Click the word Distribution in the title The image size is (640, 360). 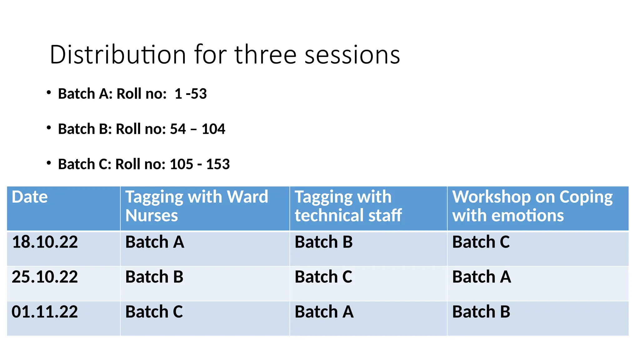pyautogui.click(x=118, y=55)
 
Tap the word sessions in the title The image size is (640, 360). pyautogui.click(x=352, y=55)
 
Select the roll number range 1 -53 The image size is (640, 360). pyautogui.click(x=191, y=94)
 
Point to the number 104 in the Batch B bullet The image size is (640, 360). pyautogui.click(x=213, y=129)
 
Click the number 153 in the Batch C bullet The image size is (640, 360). pyautogui.click(x=218, y=164)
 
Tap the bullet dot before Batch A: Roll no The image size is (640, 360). pyautogui.click(x=48, y=92)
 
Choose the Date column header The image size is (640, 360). pyautogui.click(x=30, y=197)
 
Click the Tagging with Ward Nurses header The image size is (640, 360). pyautogui.click(x=197, y=206)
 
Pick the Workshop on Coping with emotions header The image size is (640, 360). pyautogui.click(x=532, y=206)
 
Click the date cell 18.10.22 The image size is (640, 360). pyautogui.click(x=45, y=242)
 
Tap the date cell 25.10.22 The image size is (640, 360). pyautogui.click(x=45, y=277)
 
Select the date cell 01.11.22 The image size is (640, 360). pyautogui.click(x=45, y=312)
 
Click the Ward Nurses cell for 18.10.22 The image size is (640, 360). pyautogui.click(x=155, y=242)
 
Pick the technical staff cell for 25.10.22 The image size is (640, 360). pyautogui.click(x=323, y=277)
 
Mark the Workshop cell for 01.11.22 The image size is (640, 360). pyautogui.click(x=481, y=312)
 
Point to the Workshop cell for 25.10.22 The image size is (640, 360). pyautogui.click(x=482, y=277)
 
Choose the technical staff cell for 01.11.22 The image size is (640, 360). pyautogui.click(x=324, y=312)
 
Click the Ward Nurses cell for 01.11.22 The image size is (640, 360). pyautogui.click(x=154, y=312)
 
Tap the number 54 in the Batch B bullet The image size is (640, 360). pyautogui.click(x=178, y=129)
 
